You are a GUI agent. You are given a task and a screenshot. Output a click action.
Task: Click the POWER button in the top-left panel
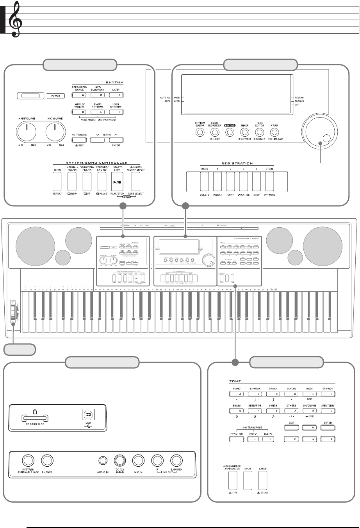pos(30,96)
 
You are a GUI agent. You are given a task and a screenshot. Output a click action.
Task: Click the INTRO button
pos(57,181)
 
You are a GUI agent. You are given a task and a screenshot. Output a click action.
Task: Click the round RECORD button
pos(230,132)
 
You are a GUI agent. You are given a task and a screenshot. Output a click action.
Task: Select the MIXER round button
pos(245,132)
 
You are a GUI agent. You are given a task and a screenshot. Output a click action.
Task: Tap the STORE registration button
pos(270,181)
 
